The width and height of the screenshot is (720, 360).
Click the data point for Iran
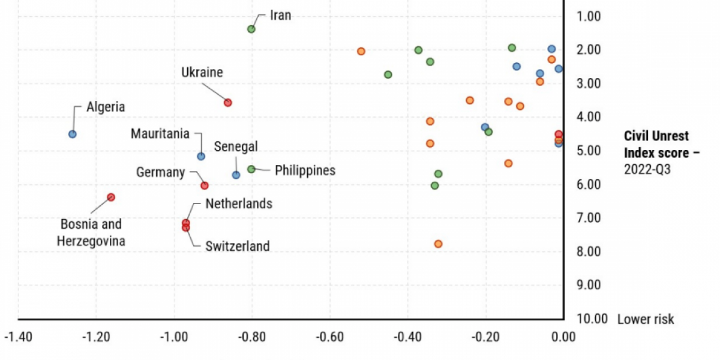[251, 29]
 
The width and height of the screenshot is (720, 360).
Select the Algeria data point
[73, 134]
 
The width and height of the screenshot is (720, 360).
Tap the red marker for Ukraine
[228, 103]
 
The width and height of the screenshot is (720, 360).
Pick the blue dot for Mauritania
[201, 156]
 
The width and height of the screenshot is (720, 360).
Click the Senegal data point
[236, 175]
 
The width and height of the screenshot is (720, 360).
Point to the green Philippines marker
[251, 169]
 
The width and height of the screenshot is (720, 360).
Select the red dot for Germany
[205, 185]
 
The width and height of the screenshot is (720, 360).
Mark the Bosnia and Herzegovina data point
[111, 197]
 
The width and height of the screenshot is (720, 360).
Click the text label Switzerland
[237, 246]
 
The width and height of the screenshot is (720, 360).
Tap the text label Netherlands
[239, 204]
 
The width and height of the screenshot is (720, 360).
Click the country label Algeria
[106, 107]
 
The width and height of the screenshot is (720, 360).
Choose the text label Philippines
[305, 170]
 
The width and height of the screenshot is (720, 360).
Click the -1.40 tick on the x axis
[19, 337]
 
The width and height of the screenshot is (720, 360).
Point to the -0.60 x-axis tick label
[329, 337]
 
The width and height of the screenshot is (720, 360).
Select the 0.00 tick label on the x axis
[562, 337]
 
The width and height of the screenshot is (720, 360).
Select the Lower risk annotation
[646, 319]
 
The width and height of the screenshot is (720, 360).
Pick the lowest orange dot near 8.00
[438, 244]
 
